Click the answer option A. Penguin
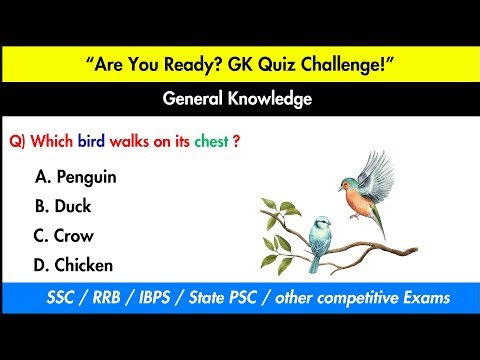coord(76,177)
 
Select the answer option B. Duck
coord(64,207)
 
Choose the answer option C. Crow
coord(65,236)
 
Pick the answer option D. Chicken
coord(73,265)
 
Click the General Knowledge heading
coord(239,100)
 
